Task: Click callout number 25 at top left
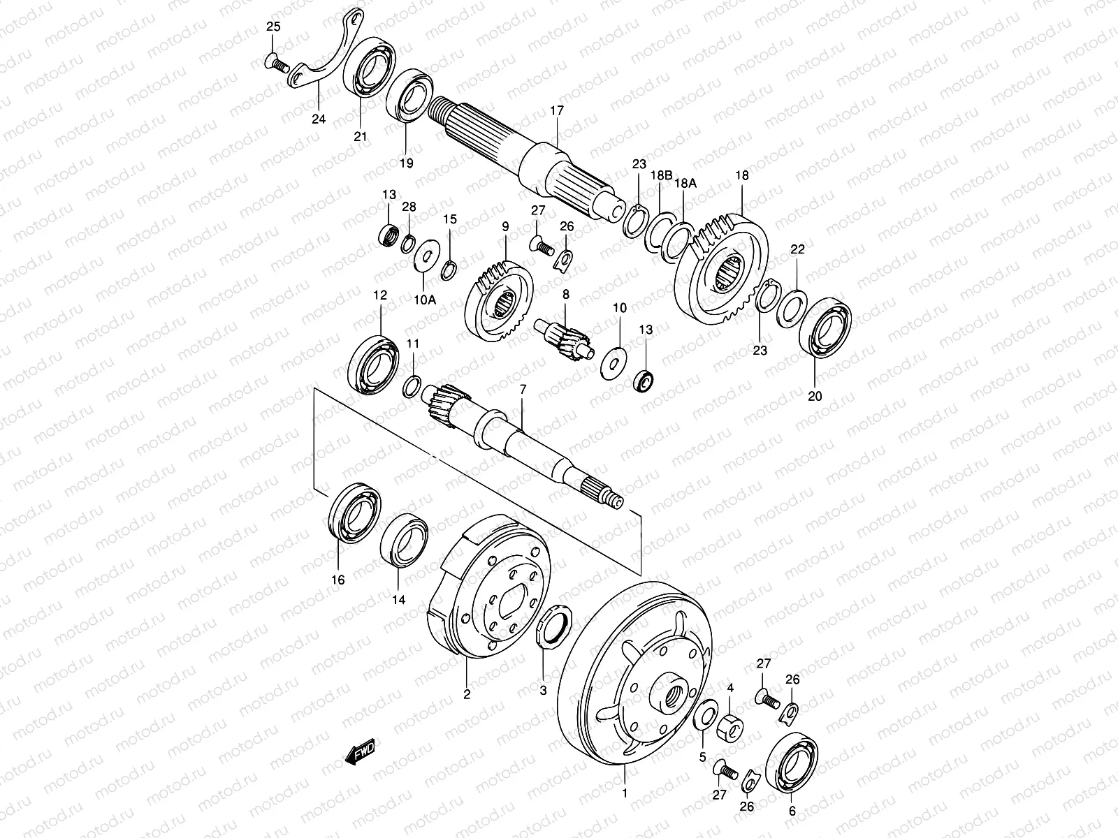(272, 27)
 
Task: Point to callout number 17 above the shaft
(556, 110)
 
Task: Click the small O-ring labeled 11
(412, 385)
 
